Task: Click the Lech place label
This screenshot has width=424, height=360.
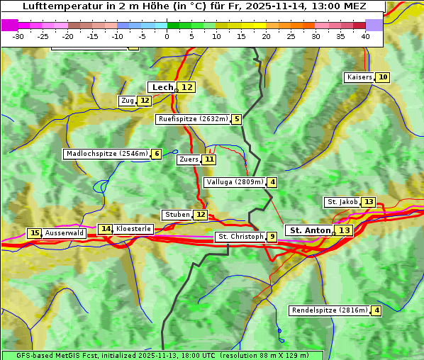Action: pos(162,87)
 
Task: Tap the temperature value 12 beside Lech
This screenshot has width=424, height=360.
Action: pos(186,87)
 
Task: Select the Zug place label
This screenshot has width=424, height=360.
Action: pos(128,101)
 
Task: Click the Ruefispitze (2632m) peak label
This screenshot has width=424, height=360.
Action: pos(193,119)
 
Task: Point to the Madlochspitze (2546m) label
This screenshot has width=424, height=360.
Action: pos(106,154)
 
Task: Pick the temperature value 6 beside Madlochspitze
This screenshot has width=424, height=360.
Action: pos(156,154)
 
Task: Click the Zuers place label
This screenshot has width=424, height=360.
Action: pos(189,159)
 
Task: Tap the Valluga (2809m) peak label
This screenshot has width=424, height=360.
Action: pos(235,182)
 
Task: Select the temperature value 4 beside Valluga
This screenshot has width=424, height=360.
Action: pos(272,182)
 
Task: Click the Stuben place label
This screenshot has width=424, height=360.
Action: pos(177,215)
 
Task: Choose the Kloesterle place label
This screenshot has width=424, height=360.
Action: pos(133,229)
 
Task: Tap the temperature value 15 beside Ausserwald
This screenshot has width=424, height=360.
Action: pos(34,233)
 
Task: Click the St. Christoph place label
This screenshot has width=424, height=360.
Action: pos(240,237)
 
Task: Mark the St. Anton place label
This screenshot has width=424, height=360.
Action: pos(310,230)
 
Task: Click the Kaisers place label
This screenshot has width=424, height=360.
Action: pos(359,77)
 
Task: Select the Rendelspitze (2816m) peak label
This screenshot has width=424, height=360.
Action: pos(330,310)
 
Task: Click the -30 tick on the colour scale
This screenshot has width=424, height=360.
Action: pos(18,36)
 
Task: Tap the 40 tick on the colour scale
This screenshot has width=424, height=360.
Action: pos(365,36)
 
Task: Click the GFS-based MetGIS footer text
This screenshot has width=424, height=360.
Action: pos(162,355)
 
